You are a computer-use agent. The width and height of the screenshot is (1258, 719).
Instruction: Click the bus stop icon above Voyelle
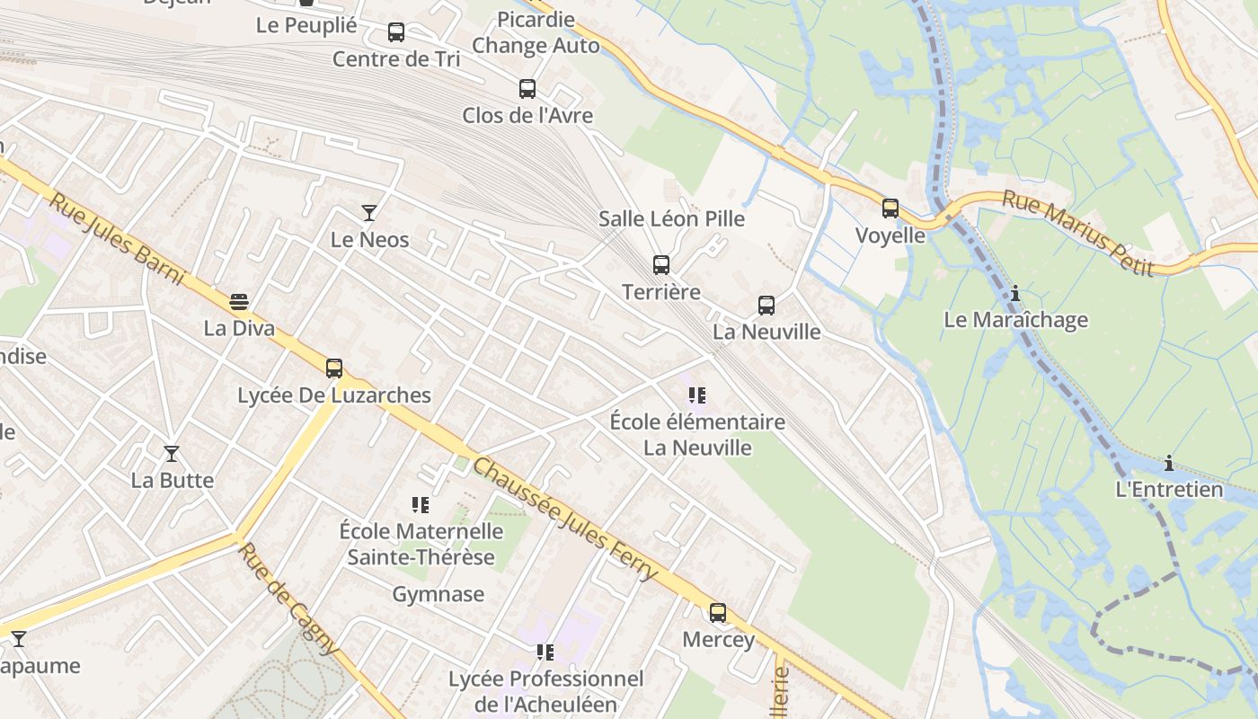click(x=890, y=209)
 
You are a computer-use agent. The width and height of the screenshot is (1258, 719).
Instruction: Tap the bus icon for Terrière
click(x=661, y=265)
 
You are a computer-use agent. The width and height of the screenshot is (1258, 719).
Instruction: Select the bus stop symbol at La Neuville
click(x=766, y=306)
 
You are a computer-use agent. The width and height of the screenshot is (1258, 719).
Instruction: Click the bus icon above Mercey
click(x=718, y=613)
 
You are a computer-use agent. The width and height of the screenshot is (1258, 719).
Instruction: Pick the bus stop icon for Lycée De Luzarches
click(x=334, y=368)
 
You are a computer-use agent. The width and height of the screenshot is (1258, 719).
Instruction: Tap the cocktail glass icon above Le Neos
click(x=369, y=213)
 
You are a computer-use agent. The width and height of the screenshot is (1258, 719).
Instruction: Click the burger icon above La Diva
click(x=239, y=302)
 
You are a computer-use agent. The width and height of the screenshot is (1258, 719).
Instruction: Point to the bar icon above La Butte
click(x=172, y=454)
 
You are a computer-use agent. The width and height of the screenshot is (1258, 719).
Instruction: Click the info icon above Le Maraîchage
click(x=1015, y=293)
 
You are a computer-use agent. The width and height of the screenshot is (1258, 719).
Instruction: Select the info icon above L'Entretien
click(x=1169, y=463)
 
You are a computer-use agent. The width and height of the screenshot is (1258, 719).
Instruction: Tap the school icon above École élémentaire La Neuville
click(x=697, y=395)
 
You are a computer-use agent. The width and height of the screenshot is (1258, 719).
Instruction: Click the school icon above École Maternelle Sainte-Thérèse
click(x=421, y=505)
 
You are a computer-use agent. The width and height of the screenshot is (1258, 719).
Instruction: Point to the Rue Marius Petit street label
click(x=1077, y=233)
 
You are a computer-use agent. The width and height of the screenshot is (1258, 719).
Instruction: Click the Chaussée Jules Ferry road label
click(x=564, y=519)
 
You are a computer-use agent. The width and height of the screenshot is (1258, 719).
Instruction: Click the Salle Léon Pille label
click(x=672, y=218)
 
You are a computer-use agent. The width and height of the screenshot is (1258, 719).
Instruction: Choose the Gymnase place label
click(x=438, y=594)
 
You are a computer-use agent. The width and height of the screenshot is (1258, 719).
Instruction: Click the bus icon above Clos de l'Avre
click(x=527, y=89)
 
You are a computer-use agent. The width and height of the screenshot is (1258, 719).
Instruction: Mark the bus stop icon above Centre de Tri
click(x=396, y=32)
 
